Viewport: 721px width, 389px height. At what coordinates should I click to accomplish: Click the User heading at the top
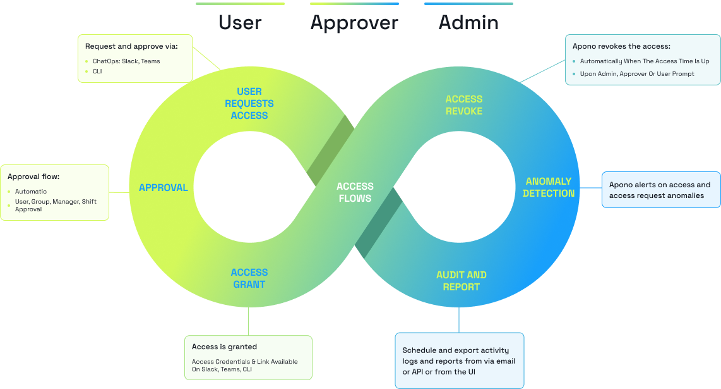[x=240, y=23]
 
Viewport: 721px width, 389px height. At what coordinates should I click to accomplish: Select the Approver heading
[x=354, y=23]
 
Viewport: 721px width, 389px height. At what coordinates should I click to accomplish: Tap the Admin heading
[x=468, y=23]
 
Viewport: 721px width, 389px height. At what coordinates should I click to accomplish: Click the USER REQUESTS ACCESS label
[x=249, y=104]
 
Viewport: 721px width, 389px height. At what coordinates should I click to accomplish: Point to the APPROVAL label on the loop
[x=164, y=188]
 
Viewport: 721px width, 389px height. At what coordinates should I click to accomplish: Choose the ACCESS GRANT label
[x=249, y=278]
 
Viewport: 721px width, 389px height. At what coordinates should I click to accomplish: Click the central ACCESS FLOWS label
[x=355, y=192]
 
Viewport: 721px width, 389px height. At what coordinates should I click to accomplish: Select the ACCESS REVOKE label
[x=464, y=105]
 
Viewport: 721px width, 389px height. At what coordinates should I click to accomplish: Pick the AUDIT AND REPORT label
[x=462, y=281]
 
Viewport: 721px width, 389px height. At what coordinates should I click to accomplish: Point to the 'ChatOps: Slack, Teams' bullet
[x=122, y=61]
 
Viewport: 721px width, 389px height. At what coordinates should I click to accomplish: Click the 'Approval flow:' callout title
[x=33, y=176]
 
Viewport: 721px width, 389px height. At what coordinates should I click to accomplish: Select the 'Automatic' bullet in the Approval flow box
[x=31, y=192]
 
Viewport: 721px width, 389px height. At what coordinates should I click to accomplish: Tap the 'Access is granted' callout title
[x=224, y=347]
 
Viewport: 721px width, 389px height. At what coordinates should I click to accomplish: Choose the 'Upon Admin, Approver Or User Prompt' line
[x=637, y=74]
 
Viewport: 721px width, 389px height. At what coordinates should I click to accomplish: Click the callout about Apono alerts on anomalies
[x=660, y=190]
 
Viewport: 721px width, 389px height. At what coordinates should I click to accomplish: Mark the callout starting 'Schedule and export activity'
[x=460, y=360]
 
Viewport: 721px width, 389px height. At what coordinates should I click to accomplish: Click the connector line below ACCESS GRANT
[x=249, y=321]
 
